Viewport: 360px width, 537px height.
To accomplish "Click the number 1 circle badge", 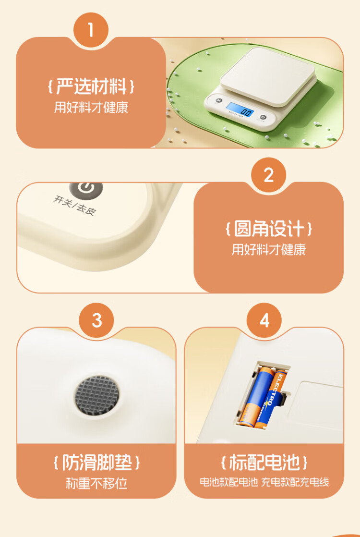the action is [91, 30].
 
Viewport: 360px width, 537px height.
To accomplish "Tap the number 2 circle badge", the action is [269, 175].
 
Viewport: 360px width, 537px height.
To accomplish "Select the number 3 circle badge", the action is [97, 320].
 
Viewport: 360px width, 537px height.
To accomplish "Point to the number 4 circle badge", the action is [264, 320].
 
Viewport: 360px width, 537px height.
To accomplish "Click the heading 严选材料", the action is [91, 86].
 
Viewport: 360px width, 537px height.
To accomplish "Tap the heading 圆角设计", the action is [269, 229].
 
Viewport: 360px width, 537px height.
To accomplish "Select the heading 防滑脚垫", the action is [96, 463].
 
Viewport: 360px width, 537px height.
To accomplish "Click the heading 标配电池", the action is [264, 463].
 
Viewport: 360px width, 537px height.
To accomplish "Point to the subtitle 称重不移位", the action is [96, 483].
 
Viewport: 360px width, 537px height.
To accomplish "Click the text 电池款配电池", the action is [228, 482].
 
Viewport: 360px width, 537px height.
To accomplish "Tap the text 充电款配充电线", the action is [295, 482].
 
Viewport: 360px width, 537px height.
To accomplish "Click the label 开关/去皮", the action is [74, 205].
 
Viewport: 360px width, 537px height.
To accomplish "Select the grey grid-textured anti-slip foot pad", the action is [97, 395].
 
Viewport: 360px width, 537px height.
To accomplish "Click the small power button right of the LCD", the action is [263, 117].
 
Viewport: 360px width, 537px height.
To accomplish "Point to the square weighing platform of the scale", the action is [267, 76].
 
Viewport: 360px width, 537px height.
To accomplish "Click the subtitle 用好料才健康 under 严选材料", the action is [91, 107].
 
